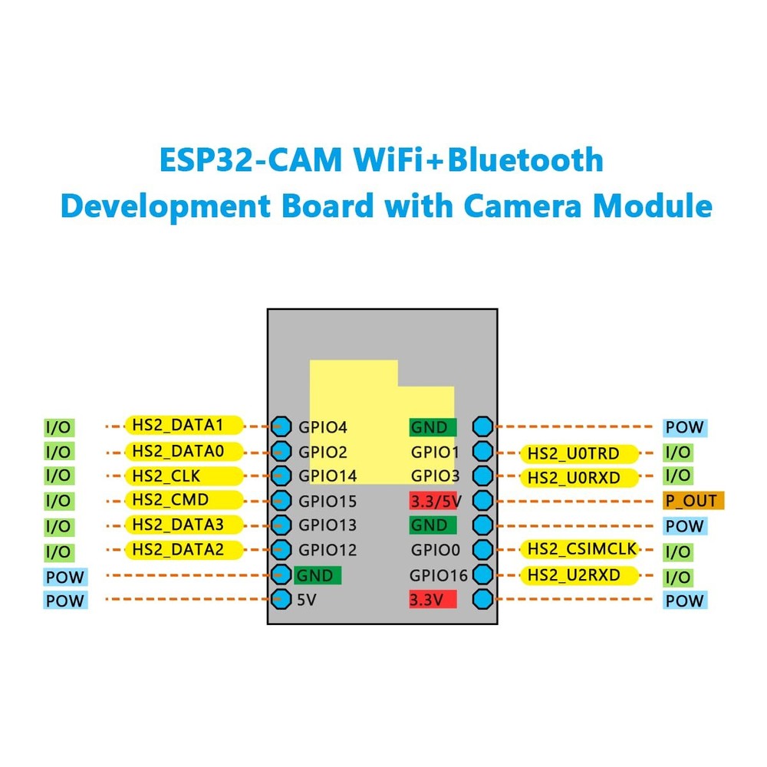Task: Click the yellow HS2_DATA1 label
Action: point(183,425)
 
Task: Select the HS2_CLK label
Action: point(183,476)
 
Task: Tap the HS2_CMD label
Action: point(183,500)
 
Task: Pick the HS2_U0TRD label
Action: point(579,453)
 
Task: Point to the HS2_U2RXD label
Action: point(579,574)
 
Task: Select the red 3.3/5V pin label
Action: point(433,502)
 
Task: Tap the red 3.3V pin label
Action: point(432,599)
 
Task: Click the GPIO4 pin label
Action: point(323,427)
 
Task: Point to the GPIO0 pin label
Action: point(435,550)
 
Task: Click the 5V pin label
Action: point(306,600)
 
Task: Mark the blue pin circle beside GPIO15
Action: point(281,501)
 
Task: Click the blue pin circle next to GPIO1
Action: point(482,452)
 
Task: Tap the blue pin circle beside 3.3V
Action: point(482,599)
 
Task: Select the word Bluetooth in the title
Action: point(525,160)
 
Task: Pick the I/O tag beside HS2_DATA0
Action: point(58,451)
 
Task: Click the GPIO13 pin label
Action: point(328,525)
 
